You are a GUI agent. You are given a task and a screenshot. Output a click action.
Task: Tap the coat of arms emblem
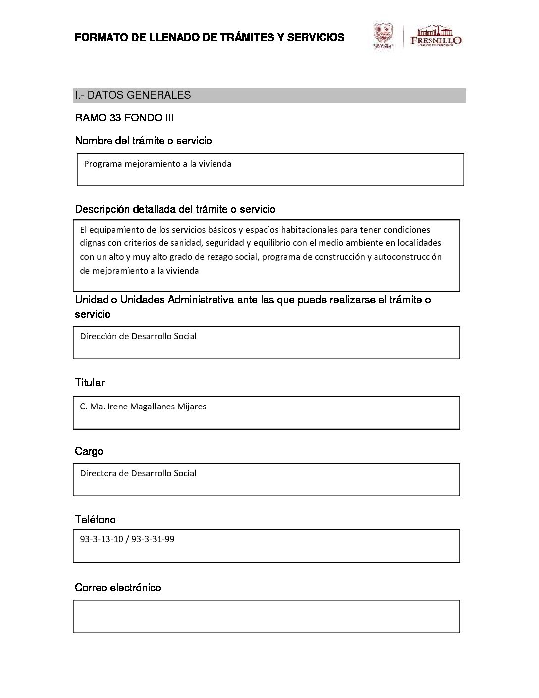tap(383, 36)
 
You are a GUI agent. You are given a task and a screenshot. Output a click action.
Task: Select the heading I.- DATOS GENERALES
tap(132, 95)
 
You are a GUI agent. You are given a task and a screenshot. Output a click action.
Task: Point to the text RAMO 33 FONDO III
tap(124, 118)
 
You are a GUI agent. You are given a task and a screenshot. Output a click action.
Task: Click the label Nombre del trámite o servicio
tap(143, 141)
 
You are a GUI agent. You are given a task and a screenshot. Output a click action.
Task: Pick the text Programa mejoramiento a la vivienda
tap(158, 164)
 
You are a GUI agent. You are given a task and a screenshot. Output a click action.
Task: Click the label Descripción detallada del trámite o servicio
tap(175, 209)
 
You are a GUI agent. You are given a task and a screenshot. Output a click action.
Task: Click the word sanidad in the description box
tap(212, 243)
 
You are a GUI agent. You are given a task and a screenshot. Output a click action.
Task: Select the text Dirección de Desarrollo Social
tap(138, 336)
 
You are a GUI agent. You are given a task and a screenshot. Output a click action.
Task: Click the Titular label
tap(90, 383)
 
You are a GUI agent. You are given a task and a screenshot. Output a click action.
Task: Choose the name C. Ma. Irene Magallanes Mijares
tap(143, 407)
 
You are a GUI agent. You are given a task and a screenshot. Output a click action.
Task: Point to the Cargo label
tap(89, 451)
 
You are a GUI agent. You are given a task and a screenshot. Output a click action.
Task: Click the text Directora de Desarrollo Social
tap(138, 473)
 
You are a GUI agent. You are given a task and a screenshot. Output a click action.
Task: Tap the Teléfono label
tap(95, 520)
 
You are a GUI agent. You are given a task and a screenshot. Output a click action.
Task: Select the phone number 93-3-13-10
tap(101, 539)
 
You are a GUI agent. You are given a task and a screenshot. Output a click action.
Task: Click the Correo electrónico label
tap(118, 588)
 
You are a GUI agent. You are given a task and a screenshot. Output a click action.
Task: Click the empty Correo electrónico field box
tap(267, 616)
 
